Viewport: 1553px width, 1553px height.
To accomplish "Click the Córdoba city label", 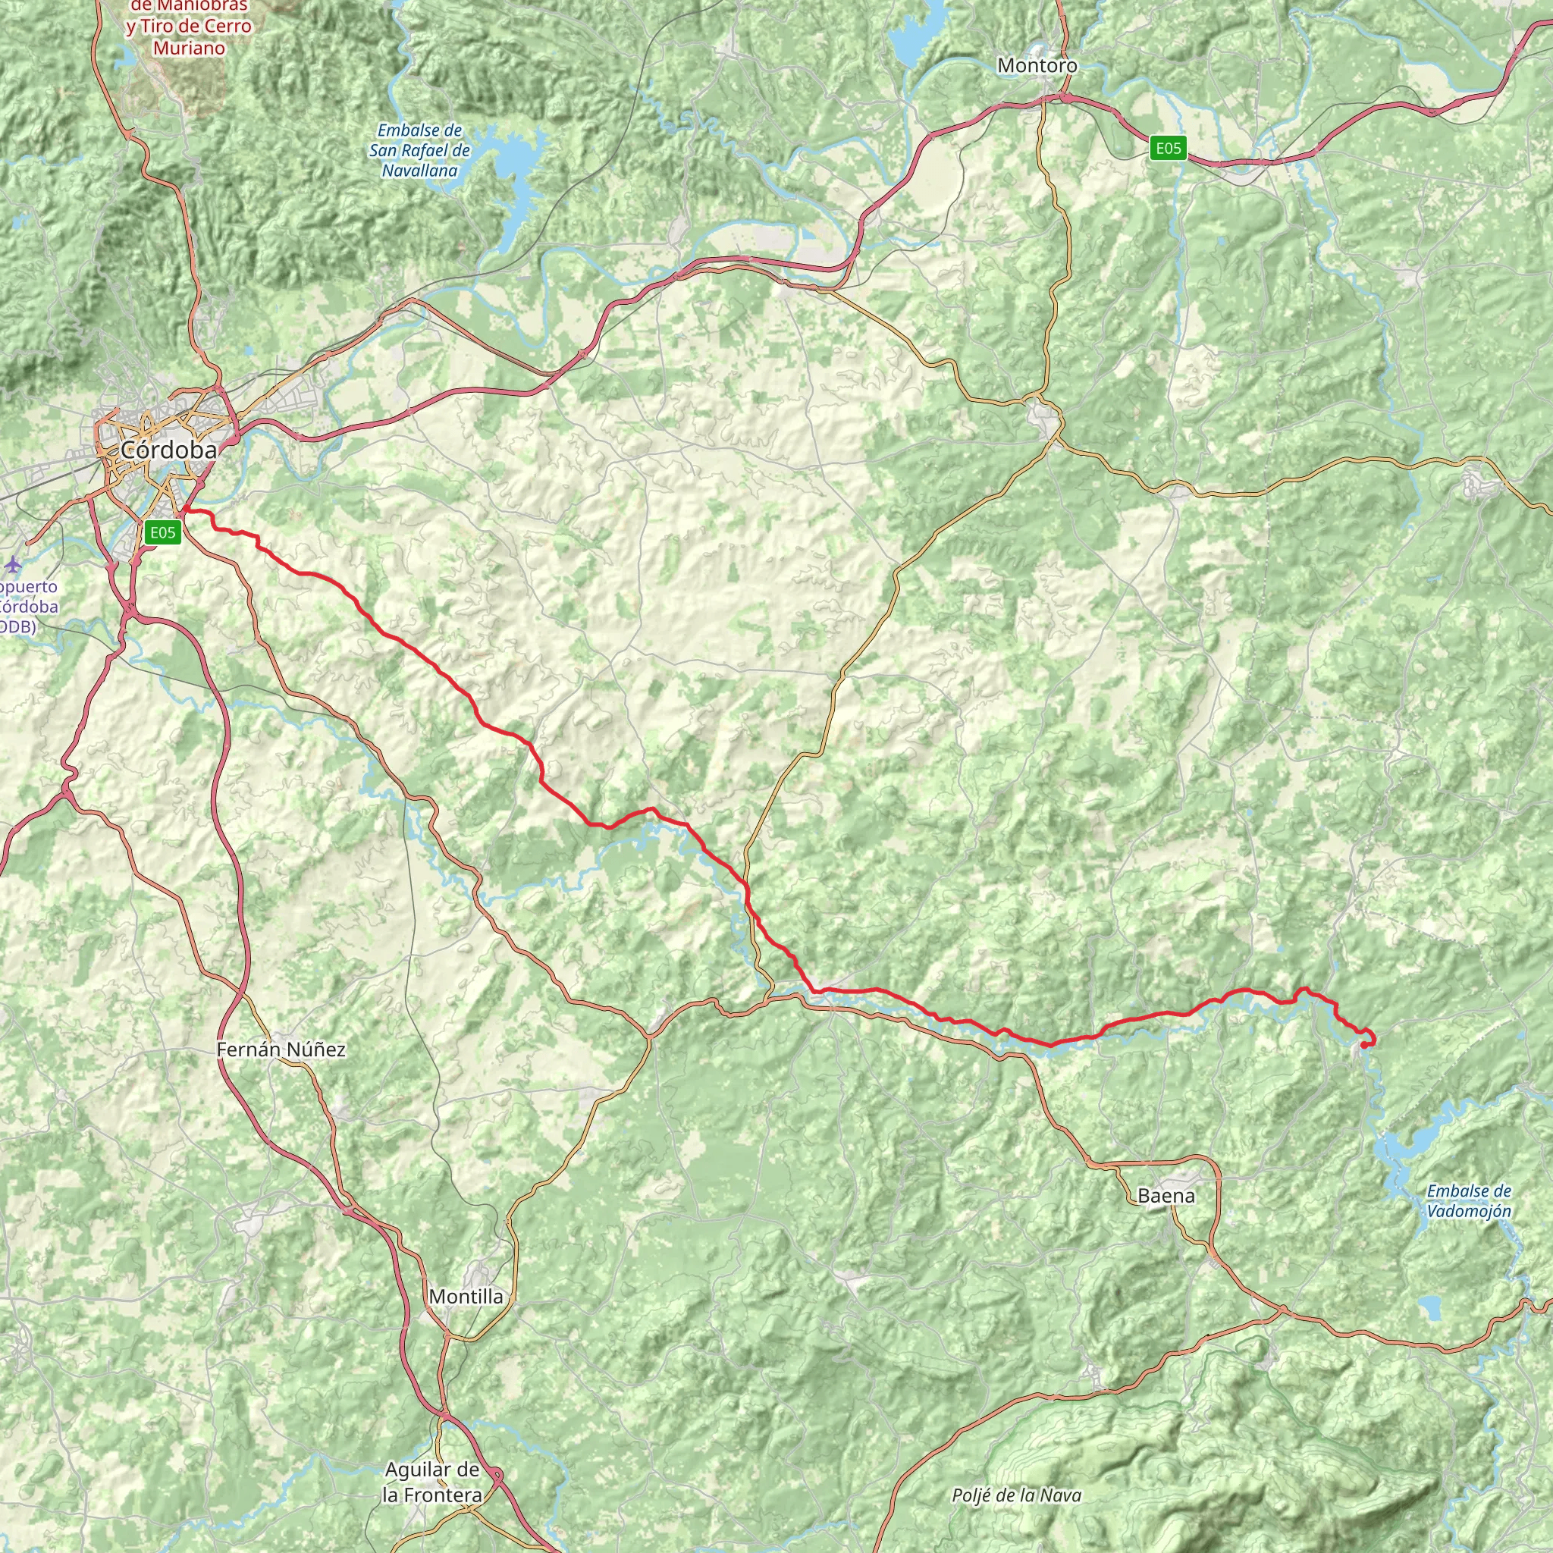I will point(169,450).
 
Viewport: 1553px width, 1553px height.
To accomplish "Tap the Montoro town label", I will point(1037,65).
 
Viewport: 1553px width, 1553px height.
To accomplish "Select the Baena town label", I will point(1166,1195).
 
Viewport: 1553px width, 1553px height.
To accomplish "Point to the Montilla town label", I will point(466,1296).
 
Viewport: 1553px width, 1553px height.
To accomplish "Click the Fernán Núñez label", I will point(281,1049).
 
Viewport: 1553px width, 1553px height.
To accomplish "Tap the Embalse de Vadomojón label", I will point(1469,1201).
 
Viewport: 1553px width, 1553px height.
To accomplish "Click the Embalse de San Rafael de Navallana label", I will point(419,150).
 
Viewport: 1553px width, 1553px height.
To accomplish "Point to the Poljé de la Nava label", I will point(1016,1495).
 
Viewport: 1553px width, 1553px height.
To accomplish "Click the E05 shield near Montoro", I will point(1168,148).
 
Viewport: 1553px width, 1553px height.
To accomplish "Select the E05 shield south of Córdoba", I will point(162,532).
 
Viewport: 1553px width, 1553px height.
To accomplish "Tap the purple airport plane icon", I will point(13,565).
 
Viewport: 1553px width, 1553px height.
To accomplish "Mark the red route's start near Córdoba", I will point(185,510).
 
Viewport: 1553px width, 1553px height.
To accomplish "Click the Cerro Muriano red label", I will point(189,27).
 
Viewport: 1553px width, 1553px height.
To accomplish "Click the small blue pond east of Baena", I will point(1430,1307).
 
